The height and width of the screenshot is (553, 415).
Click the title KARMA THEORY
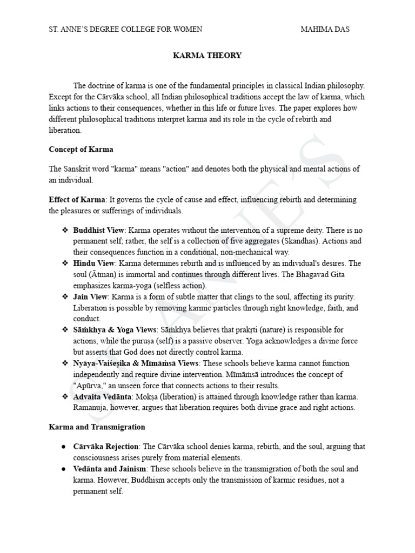[x=207, y=56]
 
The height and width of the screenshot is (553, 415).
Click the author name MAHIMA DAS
[x=325, y=29]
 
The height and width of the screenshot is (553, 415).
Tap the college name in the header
[x=125, y=29]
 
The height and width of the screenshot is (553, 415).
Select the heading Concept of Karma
[x=81, y=149]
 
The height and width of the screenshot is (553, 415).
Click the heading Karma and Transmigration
[x=97, y=427]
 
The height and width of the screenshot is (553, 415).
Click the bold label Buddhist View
[x=97, y=230]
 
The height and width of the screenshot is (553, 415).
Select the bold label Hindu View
[x=93, y=264]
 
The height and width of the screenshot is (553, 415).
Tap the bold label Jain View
[x=91, y=297]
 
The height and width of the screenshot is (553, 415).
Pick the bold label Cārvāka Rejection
[x=106, y=447]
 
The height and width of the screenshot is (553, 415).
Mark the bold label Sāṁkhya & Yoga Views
[x=115, y=330]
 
